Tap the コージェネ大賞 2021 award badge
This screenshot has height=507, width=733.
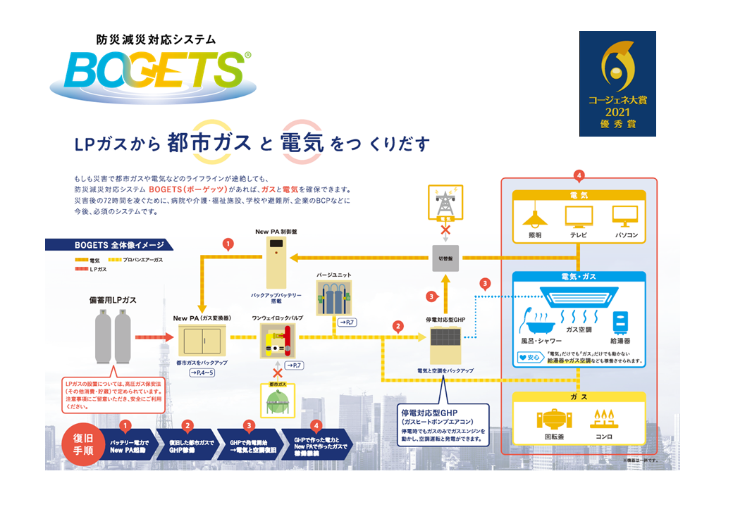pyautogui.click(x=617, y=84)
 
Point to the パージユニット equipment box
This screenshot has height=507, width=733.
pyautogui.click(x=334, y=299)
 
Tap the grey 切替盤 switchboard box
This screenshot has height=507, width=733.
pyautogui.click(x=445, y=258)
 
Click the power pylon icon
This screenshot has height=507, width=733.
pyautogui.click(x=445, y=201)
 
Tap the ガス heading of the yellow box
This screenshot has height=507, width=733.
pyautogui.click(x=579, y=398)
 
